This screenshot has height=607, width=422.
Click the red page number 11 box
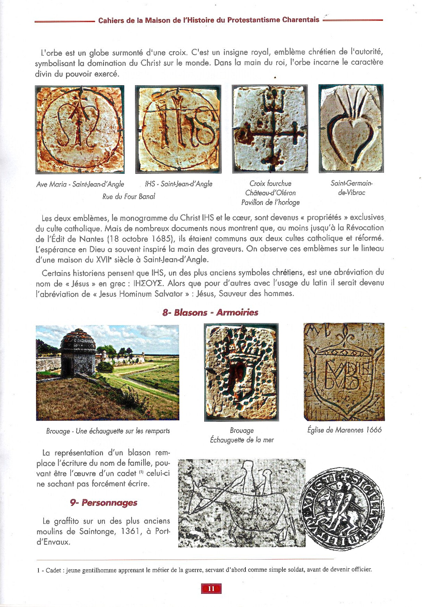pos(211,588)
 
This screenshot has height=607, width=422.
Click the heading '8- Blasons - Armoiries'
pos(210,312)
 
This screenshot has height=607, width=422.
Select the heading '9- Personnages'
pos(104,502)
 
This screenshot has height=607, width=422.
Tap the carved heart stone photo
pos(351,128)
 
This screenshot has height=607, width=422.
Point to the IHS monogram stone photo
pos(178,129)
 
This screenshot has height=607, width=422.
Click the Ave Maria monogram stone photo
pos(80,130)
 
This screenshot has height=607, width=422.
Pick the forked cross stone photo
pos(270,128)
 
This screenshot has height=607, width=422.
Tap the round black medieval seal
pos(341,510)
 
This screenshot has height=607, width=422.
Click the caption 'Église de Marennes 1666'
pos(344,430)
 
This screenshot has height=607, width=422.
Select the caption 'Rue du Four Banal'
pos(128,197)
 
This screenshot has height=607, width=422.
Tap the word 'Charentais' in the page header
pos(300,20)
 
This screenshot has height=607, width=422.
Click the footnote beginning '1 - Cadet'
pos(204,570)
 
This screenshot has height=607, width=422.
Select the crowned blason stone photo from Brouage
pos(241,372)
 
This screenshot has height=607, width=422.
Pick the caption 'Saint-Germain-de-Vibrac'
pos(351,188)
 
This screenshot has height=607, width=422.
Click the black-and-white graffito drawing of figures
pos(242,503)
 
